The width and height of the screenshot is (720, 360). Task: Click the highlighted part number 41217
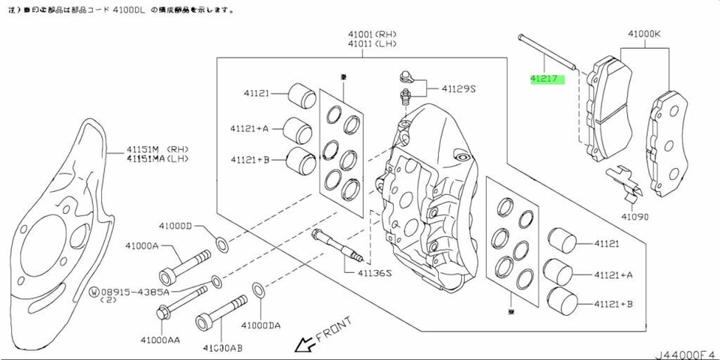click(547, 78)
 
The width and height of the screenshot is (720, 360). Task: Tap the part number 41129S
click(458, 88)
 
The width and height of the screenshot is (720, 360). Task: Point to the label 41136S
click(373, 273)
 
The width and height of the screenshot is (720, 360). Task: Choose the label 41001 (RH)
click(371, 34)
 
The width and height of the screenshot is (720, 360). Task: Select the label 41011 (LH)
click(371, 45)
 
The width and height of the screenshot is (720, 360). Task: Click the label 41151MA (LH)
click(157, 158)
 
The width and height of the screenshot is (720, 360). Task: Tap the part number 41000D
click(175, 226)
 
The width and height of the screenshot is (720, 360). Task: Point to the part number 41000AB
click(223, 348)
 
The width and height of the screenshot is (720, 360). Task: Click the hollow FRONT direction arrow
click(304, 344)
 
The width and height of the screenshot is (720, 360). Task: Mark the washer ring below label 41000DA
click(257, 289)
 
